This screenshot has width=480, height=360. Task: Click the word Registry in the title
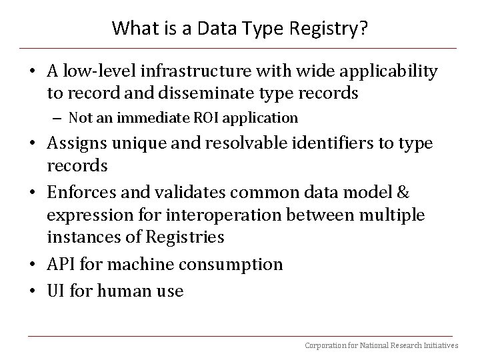[x=323, y=29]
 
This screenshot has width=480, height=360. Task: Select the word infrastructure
[x=196, y=71]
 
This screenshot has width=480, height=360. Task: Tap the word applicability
[x=389, y=72]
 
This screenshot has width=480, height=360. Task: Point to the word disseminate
[x=206, y=93]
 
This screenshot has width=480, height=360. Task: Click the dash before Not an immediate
[x=57, y=119]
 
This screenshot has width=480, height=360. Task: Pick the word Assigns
[x=77, y=144]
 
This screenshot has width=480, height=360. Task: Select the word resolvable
[x=247, y=143]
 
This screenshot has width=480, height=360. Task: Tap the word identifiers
[x=333, y=143]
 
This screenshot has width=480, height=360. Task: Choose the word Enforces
[x=82, y=192]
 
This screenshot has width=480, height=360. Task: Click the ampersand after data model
[x=403, y=192]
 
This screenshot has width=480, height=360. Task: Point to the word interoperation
[x=223, y=215]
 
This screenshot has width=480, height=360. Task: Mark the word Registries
[x=185, y=237]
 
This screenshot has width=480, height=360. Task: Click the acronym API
[x=61, y=264]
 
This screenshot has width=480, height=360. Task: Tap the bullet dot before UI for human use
[x=33, y=290]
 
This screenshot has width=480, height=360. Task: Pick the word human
[x=125, y=290]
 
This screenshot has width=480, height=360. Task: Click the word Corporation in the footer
[x=325, y=346]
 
